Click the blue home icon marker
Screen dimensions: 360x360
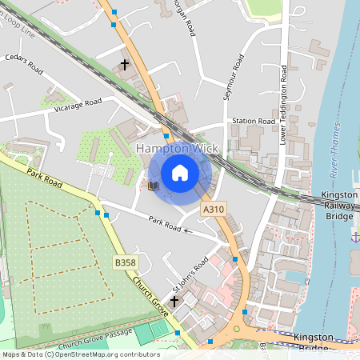[x=180, y=172]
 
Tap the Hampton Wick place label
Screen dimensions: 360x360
[x=174, y=150]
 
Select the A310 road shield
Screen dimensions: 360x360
[x=213, y=209]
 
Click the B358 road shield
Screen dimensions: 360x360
[x=125, y=262]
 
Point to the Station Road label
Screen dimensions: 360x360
[x=254, y=121]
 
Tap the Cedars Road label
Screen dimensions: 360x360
[x=23, y=62]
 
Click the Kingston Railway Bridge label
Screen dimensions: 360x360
[x=339, y=205]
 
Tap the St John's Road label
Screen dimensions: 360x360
[x=191, y=274]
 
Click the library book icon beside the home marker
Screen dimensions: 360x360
[x=154, y=186]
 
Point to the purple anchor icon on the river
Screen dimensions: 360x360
[x=354, y=235]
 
